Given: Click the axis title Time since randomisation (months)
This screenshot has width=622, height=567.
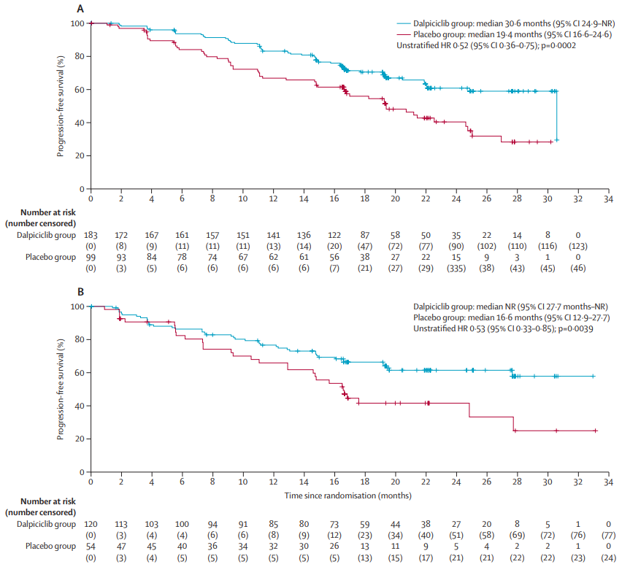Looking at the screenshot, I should (x=348, y=495).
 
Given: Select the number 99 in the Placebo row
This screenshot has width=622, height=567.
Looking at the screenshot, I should (x=91, y=258).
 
